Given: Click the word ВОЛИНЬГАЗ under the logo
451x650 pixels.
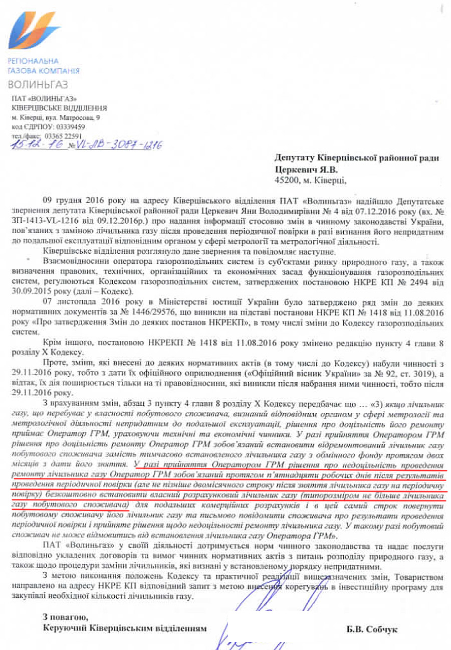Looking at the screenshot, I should [x=38, y=84].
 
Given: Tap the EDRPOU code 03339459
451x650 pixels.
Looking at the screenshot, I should [x=61, y=127].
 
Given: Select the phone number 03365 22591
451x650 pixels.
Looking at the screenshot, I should [x=63, y=135].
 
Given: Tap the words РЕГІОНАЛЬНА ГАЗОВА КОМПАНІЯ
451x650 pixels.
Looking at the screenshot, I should [x=44, y=66].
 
